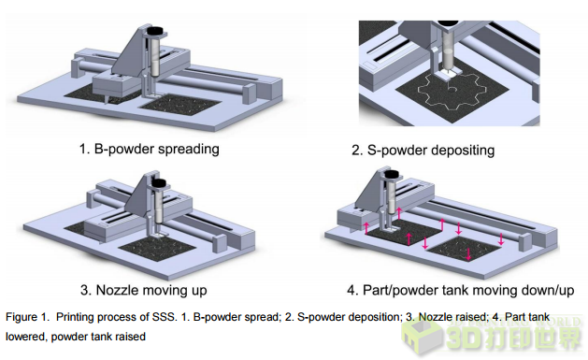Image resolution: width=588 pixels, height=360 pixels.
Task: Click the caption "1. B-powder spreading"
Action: (x=150, y=149)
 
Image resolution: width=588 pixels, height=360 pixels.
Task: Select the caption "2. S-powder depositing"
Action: (x=423, y=150)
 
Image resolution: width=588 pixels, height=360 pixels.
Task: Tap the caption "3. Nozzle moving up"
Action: (x=144, y=290)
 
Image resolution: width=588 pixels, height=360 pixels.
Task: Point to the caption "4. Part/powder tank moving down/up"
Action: (x=461, y=290)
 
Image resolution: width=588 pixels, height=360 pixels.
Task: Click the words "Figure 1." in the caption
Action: (x=27, y=317)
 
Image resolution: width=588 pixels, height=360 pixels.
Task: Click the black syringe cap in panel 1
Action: (x=155, y=30)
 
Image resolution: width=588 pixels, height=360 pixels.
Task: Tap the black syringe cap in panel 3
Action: (x=158, y=182)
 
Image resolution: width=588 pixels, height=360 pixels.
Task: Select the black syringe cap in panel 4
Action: (x=392, y=174)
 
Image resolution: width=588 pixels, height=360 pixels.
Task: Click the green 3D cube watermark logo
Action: (x=421, y=336)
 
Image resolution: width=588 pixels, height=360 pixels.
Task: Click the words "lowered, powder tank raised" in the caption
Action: (x=76, y=337)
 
